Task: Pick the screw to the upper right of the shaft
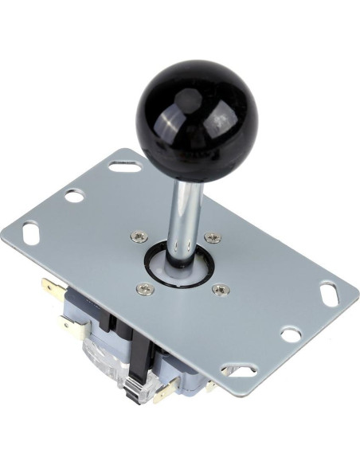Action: click(211, 237)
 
